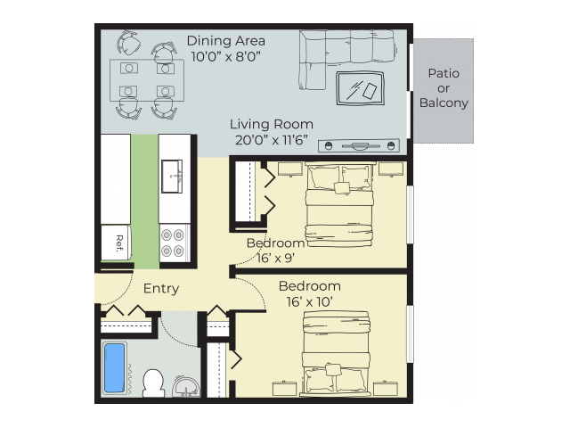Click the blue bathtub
(x=115, y=368)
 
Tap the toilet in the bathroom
(x=153, y=383)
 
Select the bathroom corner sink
(x=186, y=386)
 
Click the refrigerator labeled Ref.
(x=116, y=243)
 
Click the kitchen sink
(x=172, y=177)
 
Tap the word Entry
(x=161, y=289)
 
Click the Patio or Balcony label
(x=444, y=88)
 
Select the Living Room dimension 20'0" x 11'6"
(x=272, y=140)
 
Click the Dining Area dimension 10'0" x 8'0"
(x=225, y=56)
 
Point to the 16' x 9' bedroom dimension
(x=275, y=258)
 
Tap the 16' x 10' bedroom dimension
(x=309, y=302)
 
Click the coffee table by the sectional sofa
(x=360, y=88)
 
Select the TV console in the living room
(x=359, y=146)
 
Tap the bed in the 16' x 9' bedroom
(x=339, y=204)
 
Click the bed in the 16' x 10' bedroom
(x=337, y=354)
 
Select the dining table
(x=147, y=80)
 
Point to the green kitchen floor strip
(x=144, y=202)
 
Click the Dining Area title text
(x=225, y=41)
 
